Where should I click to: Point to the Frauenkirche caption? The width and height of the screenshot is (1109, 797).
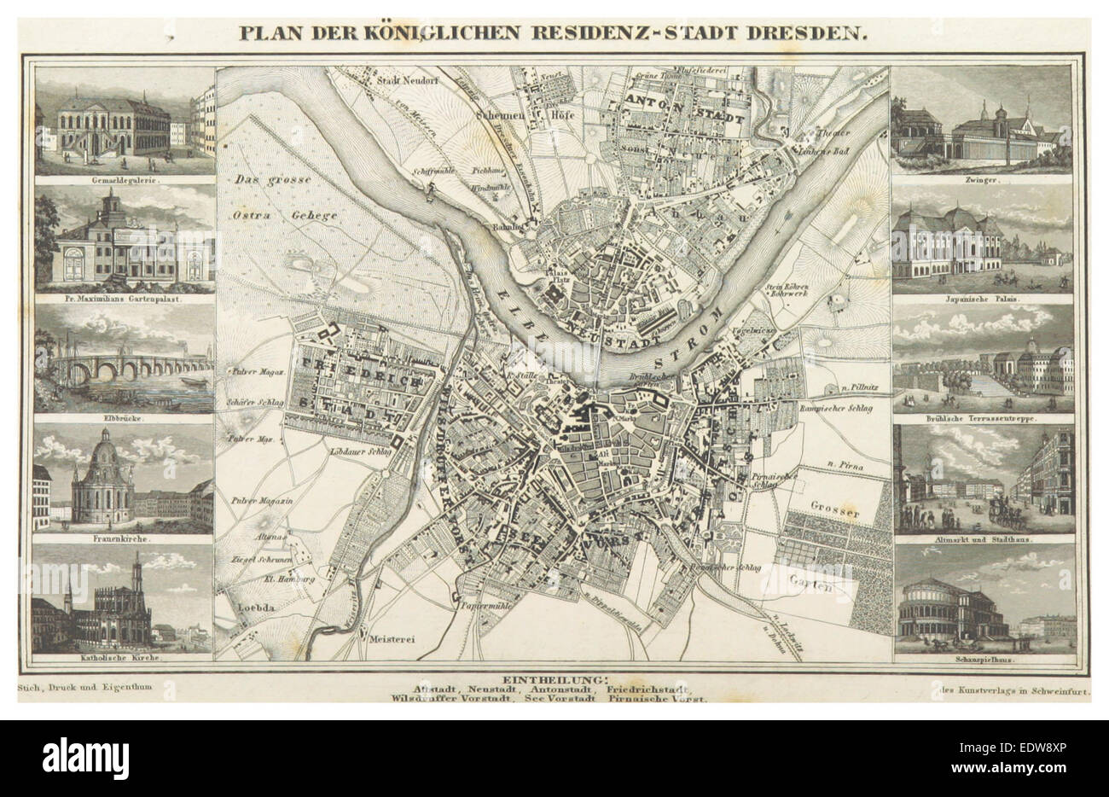point(123,539)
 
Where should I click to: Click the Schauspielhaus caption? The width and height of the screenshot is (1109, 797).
point(983,660)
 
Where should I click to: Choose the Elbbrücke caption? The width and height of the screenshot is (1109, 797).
point(123,418)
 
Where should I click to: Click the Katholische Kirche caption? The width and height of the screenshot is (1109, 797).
point(123,660)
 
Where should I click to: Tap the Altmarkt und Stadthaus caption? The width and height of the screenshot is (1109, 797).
point(983,539)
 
